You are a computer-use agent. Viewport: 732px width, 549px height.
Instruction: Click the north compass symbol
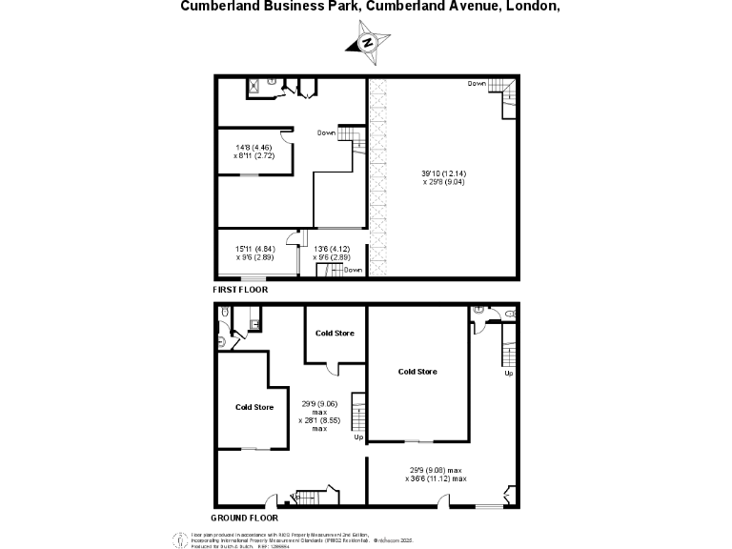coord(367,43)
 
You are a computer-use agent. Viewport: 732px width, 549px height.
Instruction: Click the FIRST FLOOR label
coord(240,289)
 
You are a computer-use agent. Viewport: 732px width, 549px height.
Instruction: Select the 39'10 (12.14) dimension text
coord(444,173)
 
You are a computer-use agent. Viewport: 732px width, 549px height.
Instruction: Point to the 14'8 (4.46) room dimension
coord(254,147)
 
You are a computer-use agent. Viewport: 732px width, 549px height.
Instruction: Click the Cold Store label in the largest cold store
coord(417,372)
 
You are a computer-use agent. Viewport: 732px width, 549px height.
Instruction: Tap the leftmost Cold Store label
coord(254,408)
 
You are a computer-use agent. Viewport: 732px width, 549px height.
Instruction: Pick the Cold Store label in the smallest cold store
coord(335,333)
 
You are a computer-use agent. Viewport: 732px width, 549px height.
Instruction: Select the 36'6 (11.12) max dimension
coord(438,478)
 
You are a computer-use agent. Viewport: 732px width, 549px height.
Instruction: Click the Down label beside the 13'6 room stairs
coord(354,270)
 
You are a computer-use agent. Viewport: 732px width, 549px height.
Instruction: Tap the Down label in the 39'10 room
coord(478,84)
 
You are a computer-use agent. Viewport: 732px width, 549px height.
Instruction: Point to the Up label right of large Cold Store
coord(508,373)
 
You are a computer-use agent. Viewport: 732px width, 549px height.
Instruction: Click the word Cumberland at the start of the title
coord(214,5)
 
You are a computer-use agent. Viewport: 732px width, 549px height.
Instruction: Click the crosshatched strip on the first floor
coord(379,177)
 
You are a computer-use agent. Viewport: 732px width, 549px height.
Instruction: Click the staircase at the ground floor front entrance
coord(310,497)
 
